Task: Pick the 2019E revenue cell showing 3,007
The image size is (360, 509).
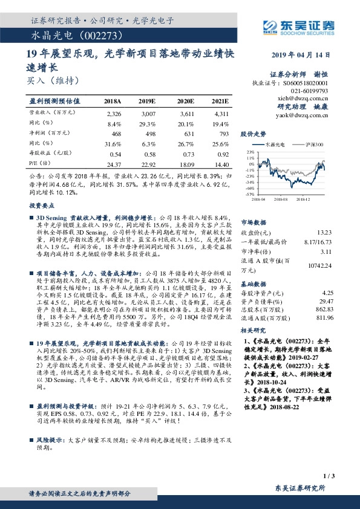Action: pyautogui.click(x=149, y=113)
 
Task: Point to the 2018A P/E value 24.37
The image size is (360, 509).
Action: pyautogui.click(x=113, y=164)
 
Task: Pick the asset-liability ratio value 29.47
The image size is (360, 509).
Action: pyautogui.click(x=326, y=300)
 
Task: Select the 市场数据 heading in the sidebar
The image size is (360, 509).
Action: pyautogui.click(x=254, y=222)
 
